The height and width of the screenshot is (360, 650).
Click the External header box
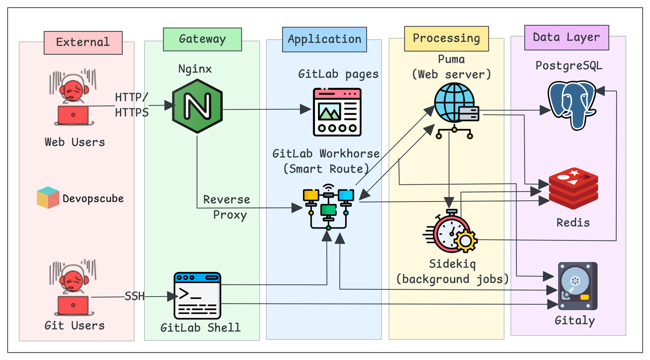(x=83, y=43)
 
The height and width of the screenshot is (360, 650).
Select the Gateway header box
(x=202, y=39)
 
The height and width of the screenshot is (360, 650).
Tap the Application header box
(x=324, y=39)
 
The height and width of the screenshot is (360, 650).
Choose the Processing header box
(x=446, y=39)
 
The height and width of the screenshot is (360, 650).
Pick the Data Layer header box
(x=566, y=37)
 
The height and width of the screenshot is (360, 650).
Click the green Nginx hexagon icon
(x=197, y=106)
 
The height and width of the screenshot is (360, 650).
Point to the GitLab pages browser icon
(x=337, y=112)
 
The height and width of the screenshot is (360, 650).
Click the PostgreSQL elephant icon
(x=572, y=105)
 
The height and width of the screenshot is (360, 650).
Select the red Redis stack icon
(x=573, y=188)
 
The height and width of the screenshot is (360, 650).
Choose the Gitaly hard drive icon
(x=577, y=286)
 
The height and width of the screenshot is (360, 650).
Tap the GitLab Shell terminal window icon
(x=197, y=296)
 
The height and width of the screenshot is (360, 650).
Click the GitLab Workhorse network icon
(x=328, y=207)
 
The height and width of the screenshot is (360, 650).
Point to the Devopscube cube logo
(x=48, y=198)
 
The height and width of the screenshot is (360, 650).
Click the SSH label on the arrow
(x=134, y=296)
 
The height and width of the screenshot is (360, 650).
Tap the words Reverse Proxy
(x=227, y=207)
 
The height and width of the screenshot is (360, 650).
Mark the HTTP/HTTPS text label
(x=132, y=104)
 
